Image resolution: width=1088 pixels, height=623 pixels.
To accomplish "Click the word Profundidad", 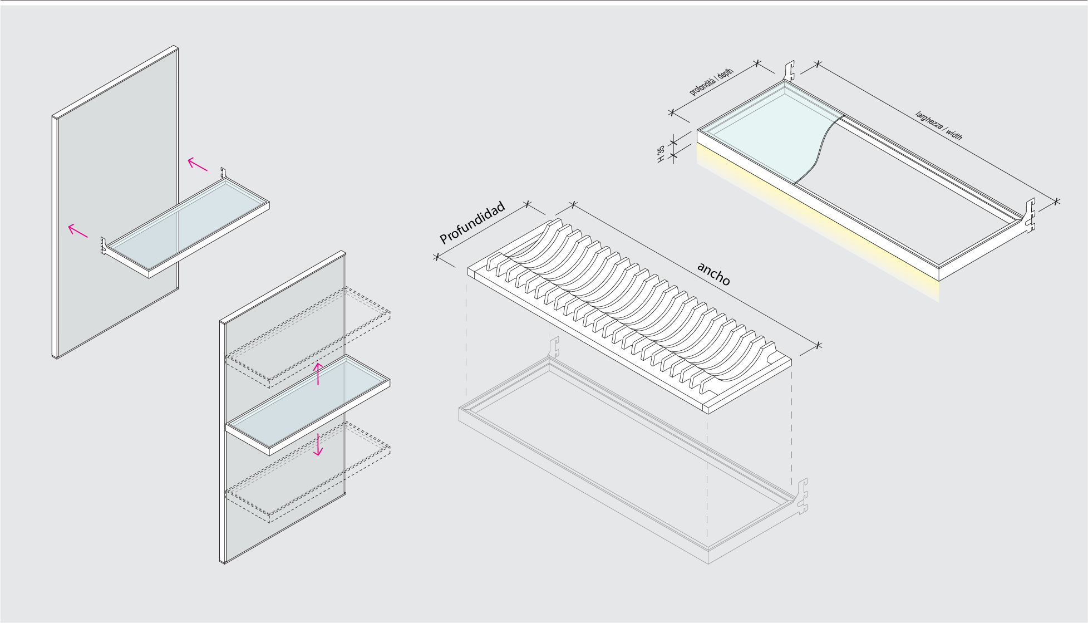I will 472,223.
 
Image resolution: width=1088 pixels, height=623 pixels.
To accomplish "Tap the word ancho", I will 713,274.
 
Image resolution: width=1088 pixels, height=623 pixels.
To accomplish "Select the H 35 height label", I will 661,154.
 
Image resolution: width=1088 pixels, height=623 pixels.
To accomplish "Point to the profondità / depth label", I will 711,82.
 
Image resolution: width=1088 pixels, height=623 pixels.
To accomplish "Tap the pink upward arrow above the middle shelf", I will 318,374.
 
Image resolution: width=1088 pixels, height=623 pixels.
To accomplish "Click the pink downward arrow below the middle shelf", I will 318,444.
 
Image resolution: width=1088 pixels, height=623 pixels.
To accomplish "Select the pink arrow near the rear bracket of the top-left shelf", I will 197,164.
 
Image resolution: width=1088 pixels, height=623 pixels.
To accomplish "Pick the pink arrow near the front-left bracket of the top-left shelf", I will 77,230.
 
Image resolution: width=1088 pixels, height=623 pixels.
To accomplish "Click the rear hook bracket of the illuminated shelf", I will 789,71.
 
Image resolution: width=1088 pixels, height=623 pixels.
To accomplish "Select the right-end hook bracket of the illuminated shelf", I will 1030,214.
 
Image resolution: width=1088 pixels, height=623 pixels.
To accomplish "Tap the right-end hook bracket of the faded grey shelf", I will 802,495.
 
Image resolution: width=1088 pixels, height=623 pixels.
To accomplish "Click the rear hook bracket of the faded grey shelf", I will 554,346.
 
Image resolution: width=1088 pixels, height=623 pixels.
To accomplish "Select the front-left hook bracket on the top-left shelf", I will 104,246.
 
